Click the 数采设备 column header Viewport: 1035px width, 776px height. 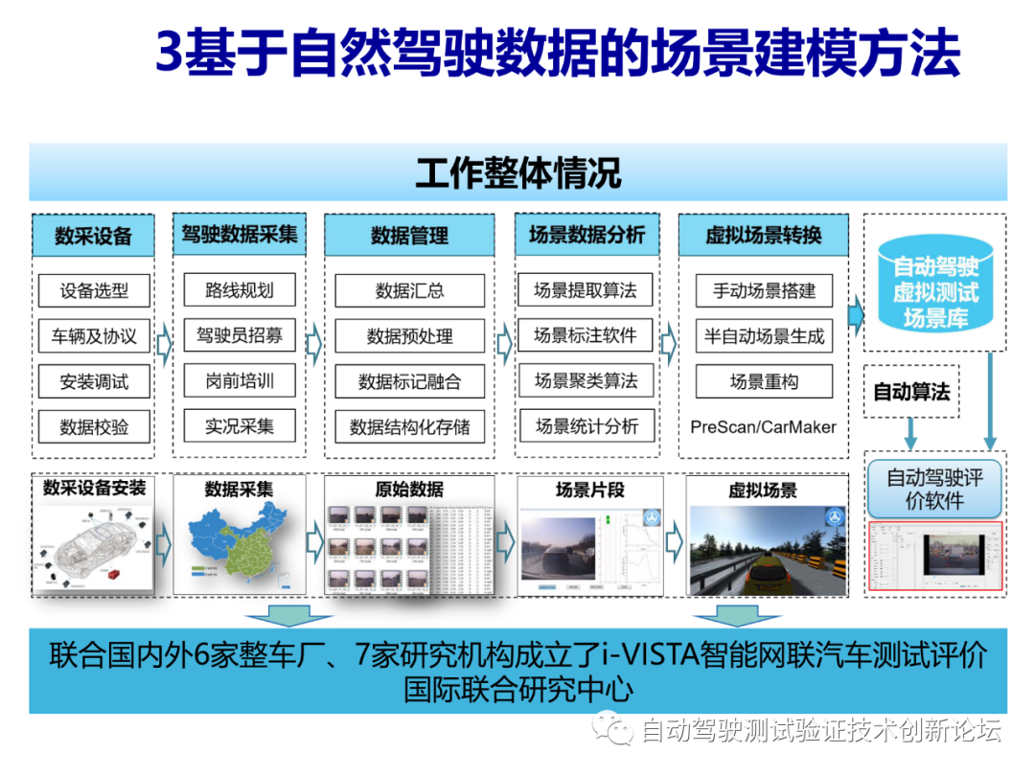tap(92, 236)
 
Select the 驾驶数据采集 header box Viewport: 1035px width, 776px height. tap(240, 235)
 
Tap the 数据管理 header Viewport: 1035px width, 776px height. tap(409, 236)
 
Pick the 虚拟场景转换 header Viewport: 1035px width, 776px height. tap(763, 236)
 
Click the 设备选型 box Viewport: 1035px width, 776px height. tap(94, 290)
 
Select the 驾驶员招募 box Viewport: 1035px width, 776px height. tap(240, 336)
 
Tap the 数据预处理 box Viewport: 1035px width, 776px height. tap(409, 336)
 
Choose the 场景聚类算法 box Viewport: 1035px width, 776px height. tap(586, 380)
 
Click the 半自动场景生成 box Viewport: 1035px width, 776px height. tap(764, 336)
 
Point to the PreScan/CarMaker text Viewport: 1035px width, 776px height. tap(763, 427)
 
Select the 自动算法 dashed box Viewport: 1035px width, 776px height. tap(911, 392)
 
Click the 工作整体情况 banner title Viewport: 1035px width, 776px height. tap(517, 173)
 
